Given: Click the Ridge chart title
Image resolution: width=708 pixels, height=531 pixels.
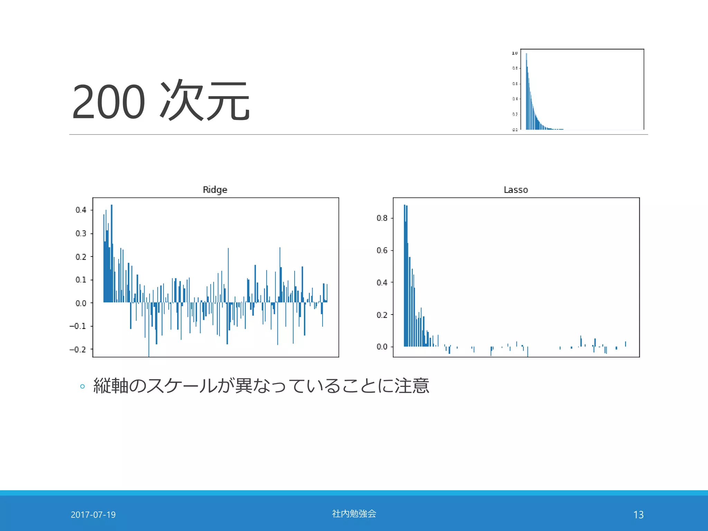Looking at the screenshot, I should pos(215,190).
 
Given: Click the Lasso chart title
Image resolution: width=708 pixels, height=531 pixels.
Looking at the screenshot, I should pos(516,190).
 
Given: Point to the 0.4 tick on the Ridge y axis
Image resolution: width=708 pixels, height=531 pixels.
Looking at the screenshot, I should pos(81,210).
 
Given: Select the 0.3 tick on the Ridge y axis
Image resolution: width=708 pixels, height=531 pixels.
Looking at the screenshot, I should pos(81,233).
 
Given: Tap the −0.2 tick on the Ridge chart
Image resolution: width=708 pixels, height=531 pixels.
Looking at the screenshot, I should pos(78,350).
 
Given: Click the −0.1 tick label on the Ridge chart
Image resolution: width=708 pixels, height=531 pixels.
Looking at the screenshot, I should pos(78,326).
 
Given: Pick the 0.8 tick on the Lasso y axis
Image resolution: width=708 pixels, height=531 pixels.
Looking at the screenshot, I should pos(382,218).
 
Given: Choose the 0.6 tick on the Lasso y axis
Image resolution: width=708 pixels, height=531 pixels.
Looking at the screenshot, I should pos(382,250).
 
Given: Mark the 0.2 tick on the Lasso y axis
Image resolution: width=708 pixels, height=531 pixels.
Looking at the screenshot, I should pos(382,315).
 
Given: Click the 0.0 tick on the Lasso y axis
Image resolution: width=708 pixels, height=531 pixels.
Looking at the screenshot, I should pos(382,347).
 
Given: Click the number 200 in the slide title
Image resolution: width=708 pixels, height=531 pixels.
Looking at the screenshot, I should pos(108,102).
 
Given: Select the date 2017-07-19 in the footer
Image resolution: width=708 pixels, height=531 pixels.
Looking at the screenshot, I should pos(93,515).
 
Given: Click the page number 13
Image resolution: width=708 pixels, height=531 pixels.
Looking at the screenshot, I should pos(638,515).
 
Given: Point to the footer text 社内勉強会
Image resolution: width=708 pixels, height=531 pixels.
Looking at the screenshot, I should pos(354,514).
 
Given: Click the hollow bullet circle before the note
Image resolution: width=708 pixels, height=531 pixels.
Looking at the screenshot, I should pos(82,386).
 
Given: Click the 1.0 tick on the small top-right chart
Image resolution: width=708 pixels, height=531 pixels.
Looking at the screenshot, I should pos(515,53).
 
